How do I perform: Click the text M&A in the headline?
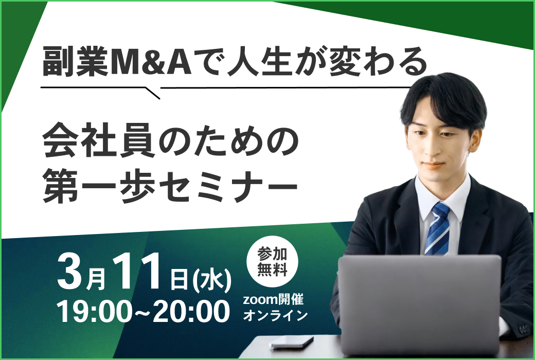[150, 62]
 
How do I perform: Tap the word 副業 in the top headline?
[76, 62]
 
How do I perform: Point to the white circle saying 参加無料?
[272, 262]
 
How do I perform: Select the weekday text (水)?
[212, 281]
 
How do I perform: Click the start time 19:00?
[97, 311]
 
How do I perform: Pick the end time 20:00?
[191, 311]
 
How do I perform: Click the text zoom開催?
[273, 299]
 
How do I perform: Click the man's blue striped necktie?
[437, 229]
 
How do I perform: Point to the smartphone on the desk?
[292, 341]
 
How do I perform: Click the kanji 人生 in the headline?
[259, 62]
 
